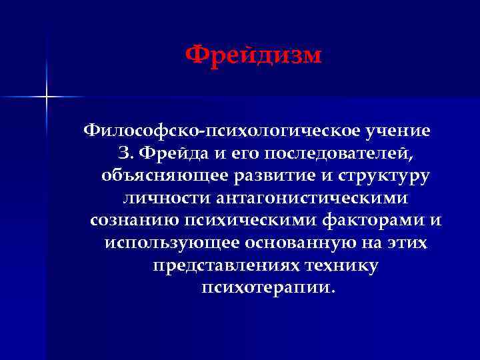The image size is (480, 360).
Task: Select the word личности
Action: pyautogui.click(x=167, y=199)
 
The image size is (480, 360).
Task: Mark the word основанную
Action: pyautogui.click(x=294, y=243)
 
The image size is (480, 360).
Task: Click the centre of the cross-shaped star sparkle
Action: pyautogui.click(x=47, y=97)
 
